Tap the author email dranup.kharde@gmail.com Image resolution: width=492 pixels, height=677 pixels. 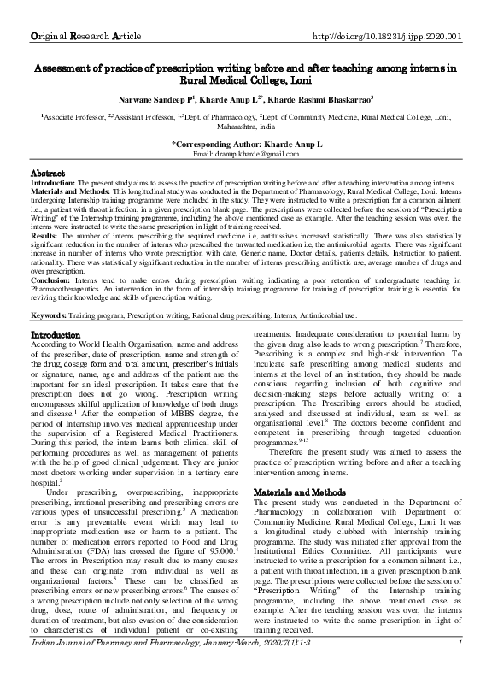[x=245, y=153]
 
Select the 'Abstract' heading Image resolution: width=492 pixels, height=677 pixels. [x=49, y=172]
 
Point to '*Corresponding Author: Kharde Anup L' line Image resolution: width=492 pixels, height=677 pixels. [x=246, y=144]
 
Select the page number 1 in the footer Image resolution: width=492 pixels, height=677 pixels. [x=460, y=667]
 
